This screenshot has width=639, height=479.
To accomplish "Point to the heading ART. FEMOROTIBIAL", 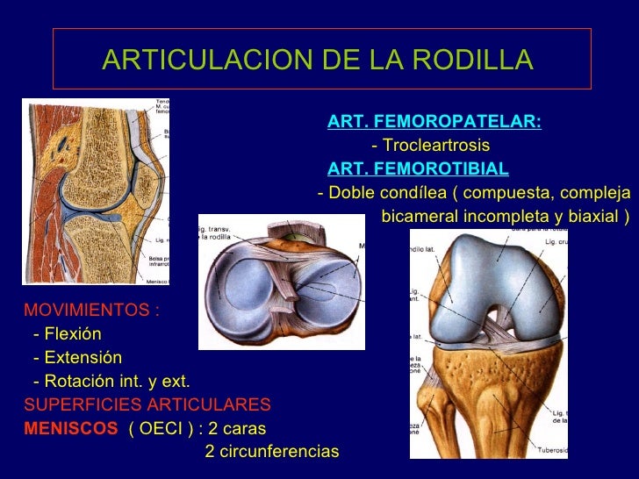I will click(x=417, y=168).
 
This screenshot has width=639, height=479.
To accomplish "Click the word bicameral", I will click(x=421, y=216).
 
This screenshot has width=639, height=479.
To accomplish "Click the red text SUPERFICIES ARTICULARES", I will click(x=147, y=405).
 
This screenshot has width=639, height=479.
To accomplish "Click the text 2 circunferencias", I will click(x=271, y=452).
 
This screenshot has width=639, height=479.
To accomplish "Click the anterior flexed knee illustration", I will click(x=492, y=342).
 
